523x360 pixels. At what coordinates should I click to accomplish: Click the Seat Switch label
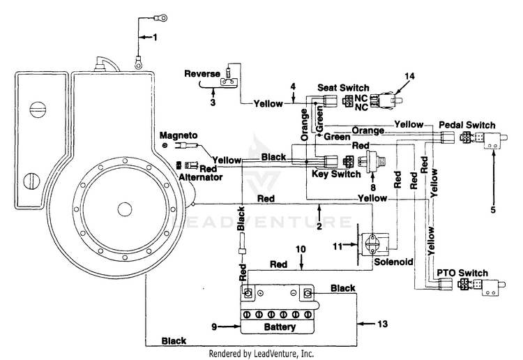(x=343, y=88)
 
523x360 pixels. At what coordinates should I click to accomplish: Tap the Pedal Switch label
(x=467, y=125)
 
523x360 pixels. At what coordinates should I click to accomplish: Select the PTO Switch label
(x=462, y=273)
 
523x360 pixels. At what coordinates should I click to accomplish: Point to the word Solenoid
(x=393, y=262)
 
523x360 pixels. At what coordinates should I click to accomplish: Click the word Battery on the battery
(x=280, y=327)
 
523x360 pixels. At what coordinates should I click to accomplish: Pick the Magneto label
(x=179, y=135)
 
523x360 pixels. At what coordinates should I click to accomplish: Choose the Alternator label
(x=200, y=177)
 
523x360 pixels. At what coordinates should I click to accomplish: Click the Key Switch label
(x=336, y=174)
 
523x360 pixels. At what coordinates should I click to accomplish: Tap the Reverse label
(x=202, y=73)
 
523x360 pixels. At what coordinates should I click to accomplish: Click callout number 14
(x=409, y=77)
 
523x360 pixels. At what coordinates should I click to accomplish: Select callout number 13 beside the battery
(x=383, y=324)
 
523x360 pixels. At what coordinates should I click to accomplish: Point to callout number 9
(x=214, y=327)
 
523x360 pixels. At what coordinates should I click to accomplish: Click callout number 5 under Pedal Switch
(x=493, y=209)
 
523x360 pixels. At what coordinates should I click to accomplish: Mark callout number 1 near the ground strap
(x=155, y=37)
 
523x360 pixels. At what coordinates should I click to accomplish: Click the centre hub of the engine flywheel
(x=124, y=209)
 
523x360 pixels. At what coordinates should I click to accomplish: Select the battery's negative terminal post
(x=308, y=293)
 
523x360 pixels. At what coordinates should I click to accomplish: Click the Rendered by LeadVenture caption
(x=261, y=353)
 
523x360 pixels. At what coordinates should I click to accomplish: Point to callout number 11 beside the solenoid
(x=338, y=246)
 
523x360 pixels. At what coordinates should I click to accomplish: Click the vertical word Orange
(x=305, y=125)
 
